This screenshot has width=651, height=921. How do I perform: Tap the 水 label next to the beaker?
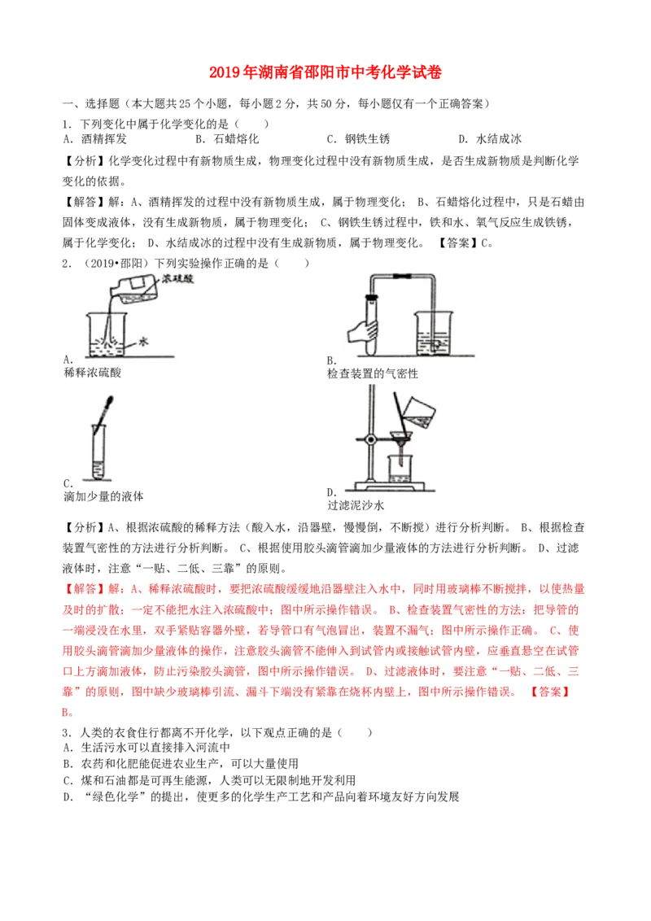pyautogui.click(x=142, y=343)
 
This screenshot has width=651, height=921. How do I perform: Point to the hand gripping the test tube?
pyautogui.click(x=362, y=332)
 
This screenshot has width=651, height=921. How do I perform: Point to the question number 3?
pyautogui.click(x=65, y=733)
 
